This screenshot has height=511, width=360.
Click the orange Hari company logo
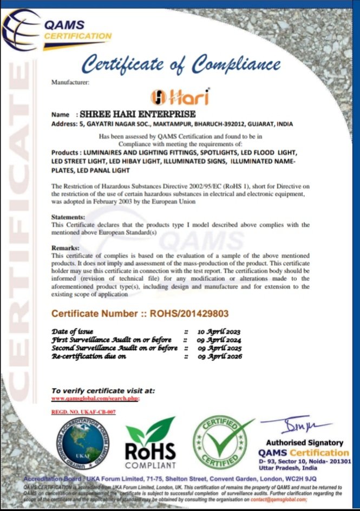180,97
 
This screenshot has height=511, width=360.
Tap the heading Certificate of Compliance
181,65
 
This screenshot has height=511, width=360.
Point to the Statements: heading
69,217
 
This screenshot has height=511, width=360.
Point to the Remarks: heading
65,247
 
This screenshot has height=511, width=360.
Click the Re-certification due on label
89,357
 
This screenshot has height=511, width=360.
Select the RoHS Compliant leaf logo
150,443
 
